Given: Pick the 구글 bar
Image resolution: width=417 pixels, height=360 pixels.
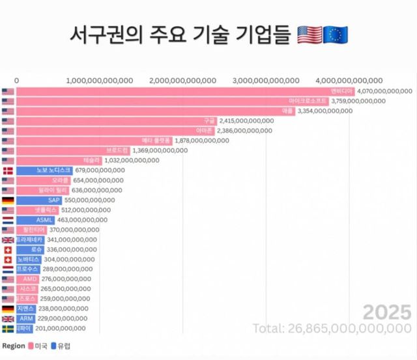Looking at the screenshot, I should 117,121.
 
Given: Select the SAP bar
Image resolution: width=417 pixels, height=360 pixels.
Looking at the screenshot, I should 40,200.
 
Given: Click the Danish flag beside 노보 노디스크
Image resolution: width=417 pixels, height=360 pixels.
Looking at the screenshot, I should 8,171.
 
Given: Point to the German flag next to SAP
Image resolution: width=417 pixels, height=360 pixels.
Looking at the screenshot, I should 8,200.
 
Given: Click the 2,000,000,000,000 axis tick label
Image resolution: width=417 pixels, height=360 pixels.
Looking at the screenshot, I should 182,80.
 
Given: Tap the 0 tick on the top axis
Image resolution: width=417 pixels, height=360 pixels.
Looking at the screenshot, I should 16,80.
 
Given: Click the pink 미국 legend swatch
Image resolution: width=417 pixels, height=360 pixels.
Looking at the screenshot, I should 30,346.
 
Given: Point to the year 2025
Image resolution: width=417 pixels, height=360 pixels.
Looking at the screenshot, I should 387,310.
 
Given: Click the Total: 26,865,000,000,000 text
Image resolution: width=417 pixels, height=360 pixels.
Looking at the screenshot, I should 332,327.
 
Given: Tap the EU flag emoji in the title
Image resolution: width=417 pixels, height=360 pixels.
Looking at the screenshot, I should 336,35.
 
